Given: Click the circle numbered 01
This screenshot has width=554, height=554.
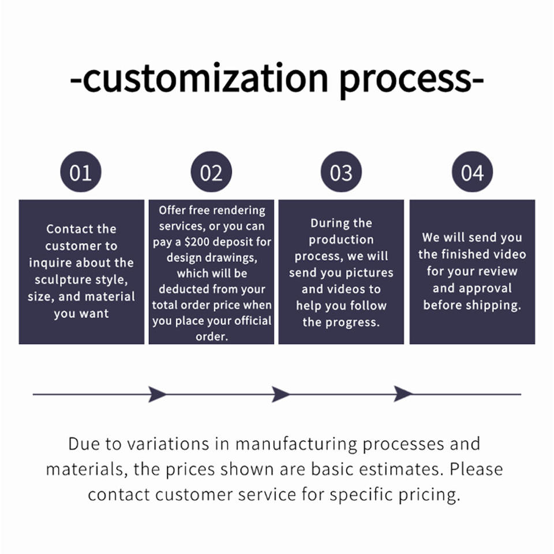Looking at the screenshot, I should tap(81, 172).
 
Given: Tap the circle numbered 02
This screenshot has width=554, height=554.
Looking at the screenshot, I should tap(211, 172).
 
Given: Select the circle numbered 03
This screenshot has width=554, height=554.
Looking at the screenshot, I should tap(342, 172).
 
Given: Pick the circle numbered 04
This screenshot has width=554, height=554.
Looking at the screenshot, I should tap(472, 172).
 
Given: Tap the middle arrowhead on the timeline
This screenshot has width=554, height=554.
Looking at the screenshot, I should tap(280, 394).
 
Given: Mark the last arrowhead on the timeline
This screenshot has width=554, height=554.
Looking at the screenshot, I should tap(403, 394).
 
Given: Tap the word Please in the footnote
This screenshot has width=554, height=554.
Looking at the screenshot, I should tap(476, 469).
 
